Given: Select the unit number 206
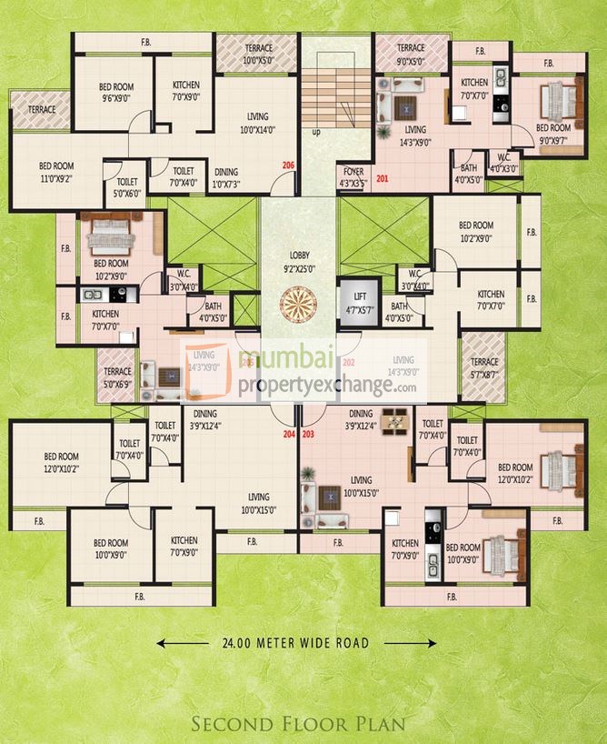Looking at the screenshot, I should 288,166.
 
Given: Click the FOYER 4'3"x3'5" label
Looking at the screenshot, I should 353,175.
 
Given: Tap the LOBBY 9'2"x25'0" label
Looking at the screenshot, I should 297,262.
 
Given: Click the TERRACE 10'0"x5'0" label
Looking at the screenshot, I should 244,54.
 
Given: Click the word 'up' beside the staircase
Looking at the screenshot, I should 316,132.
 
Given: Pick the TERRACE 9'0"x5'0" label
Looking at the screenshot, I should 411,54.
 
